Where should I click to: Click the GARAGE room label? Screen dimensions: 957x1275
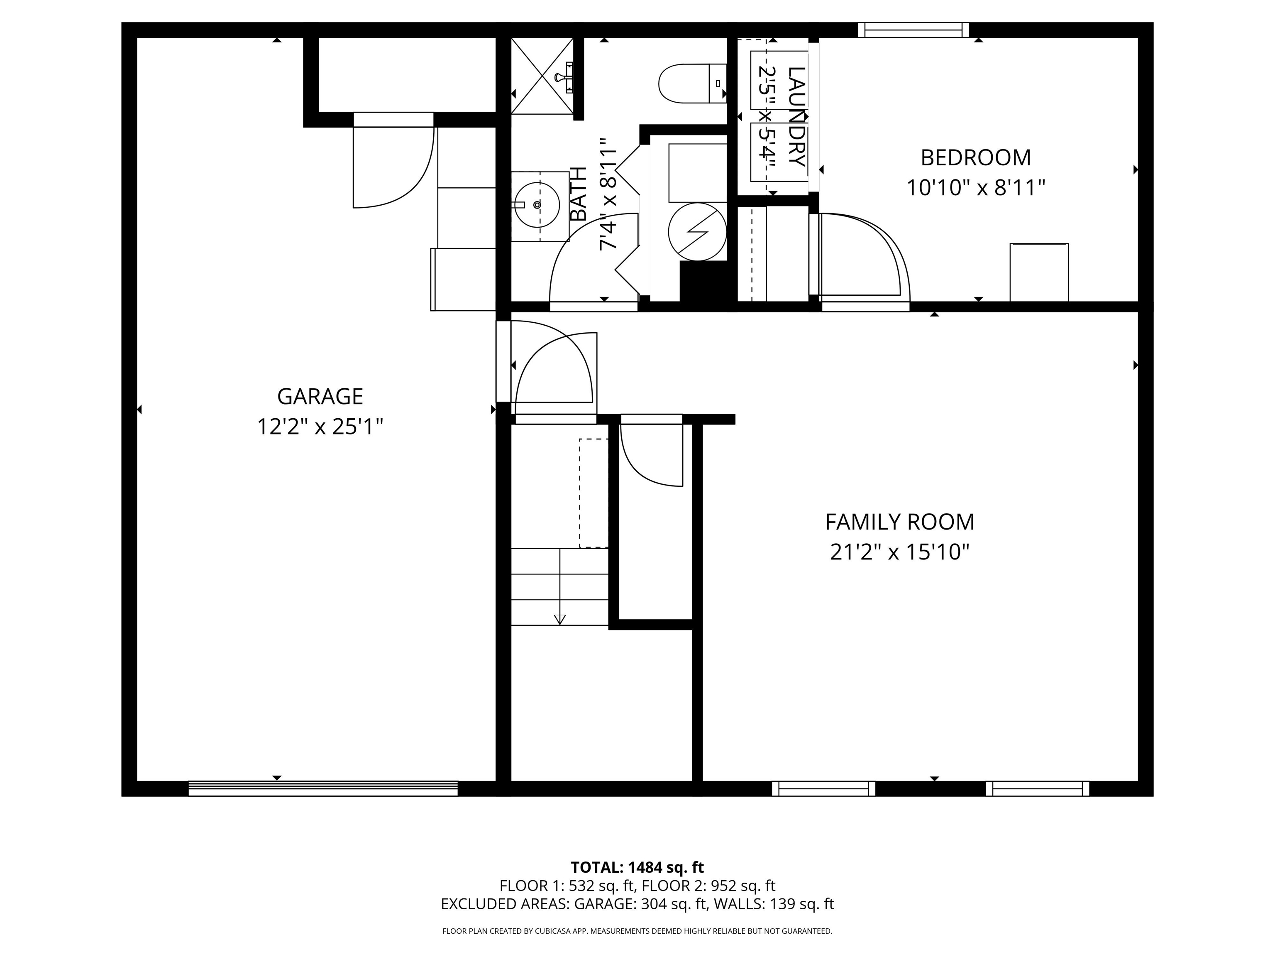click(x=320, y=396)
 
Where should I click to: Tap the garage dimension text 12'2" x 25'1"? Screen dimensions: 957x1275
click(x=320, y=427)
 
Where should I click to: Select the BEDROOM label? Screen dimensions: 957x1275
click(x=975, y=157)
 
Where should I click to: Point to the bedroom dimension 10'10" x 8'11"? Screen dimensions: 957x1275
click(x=975, y=188)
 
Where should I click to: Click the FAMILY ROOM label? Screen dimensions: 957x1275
click(x=899, y=522)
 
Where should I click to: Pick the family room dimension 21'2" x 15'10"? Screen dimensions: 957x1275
click(x=899, y=552)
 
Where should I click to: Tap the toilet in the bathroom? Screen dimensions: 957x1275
click(x=692, y=83)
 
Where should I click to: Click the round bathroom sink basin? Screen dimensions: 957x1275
click(x=537, y=205)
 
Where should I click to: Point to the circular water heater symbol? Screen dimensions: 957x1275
click(x=697, y=232)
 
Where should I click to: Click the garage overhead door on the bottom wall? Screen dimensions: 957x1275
click(x=323, y=788)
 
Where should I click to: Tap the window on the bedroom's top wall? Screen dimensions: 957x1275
click(x=913, y=30)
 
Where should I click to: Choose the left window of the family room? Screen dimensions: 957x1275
click(x=823, y=788)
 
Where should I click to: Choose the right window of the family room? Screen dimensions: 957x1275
click(x=1037, y=788)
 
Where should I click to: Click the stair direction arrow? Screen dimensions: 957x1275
click(x=559, y=619)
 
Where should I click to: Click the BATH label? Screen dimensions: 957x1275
click(x=578, y=194)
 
